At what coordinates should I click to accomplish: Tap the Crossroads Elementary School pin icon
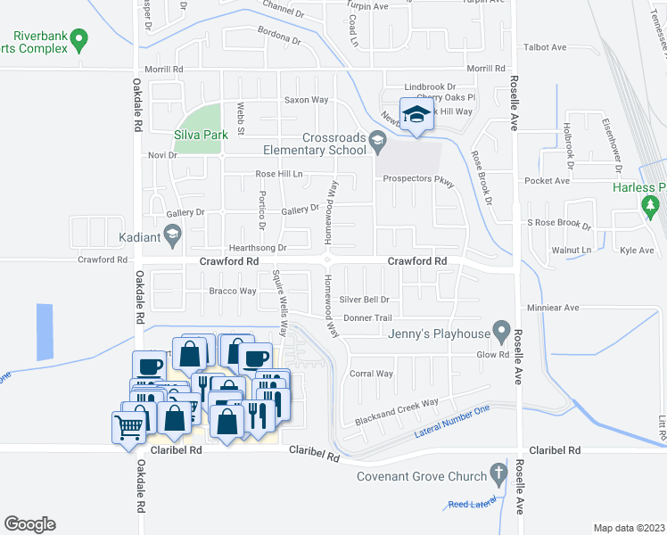(x=377, y=139)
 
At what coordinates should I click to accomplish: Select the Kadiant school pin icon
(x=172, y=236)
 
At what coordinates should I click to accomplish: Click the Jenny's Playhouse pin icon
(x=501, y=333)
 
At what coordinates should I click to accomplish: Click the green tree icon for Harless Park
(x=649, y=206)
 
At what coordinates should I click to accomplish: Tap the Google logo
(x=29, y=524)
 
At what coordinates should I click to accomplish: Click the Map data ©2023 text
(x=629, y=528)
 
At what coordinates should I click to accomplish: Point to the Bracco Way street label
(x=232, y=292)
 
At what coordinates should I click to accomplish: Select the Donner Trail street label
(x=368, y=317)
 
